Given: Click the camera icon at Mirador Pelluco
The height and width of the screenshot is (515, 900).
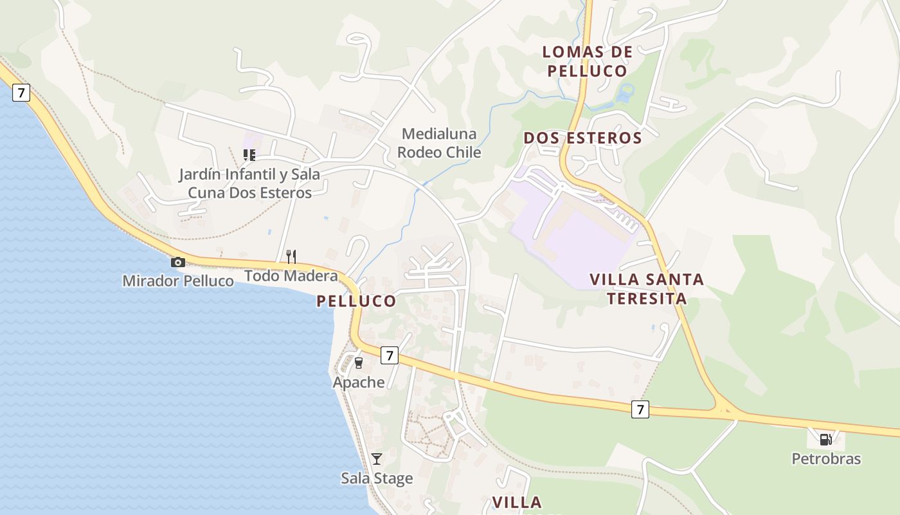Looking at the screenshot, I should pyautogui.click(x=178, y=262).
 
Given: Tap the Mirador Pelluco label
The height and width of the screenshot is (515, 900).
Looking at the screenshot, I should pyautogui.click(x=178, y=281).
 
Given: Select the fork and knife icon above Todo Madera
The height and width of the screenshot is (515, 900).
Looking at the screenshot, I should pyautogui.click(x=291, y=257).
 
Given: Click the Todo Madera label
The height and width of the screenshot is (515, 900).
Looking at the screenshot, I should pyautogui.click(x=291, y=276).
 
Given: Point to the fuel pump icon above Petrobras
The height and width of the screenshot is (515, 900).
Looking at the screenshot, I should pyautogui.click(x=825, y=440).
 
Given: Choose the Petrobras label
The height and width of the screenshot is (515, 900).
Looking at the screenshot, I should pyautogui.click(x=825, y=459).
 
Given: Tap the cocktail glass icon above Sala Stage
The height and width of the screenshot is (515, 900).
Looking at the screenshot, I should pyautogui.click(x=377, y=459).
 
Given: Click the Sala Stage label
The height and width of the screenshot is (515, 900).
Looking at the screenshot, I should pyautogui.click(x=377, y=478).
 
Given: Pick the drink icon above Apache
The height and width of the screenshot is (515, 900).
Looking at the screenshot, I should pyautogui.click(x=359, y=363).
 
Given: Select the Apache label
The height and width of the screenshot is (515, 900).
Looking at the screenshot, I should pyautogui.click(x=359, y=382).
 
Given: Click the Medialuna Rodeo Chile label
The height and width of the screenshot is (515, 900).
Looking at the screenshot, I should pyautogui.click(x=439, y=143).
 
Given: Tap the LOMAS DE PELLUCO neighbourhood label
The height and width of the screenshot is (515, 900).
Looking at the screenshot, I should pyautogui.click(x=588, y=61).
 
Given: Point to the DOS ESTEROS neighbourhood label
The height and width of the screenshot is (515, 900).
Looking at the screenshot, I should pyautogui.click(x=582, y=138).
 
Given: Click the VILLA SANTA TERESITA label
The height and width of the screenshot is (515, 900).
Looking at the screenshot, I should pyautogui.click(x=647, y=289).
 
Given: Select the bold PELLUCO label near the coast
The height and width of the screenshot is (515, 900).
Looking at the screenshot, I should pyautogui.click(x=356, y=301).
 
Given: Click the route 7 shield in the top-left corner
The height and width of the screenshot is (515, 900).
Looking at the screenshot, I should pyautogui.click(x=21, y=93).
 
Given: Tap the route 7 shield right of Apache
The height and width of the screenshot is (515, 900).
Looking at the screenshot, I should pyautogui.click(x=389, y=355).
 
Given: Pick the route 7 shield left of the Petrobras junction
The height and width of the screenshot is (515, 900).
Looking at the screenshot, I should pyautogui.click(x=640, y=409).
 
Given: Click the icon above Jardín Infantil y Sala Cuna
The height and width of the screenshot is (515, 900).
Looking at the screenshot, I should pyautogui.click(x=249, y=154).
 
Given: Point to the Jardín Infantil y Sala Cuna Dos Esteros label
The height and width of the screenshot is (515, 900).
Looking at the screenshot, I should pyautogui.click(x=249, y=183).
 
